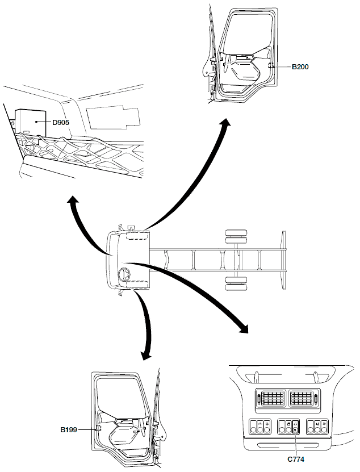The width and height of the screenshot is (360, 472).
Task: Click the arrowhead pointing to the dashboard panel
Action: click(244, 328)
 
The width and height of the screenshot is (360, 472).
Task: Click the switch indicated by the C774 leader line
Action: click(296, 431)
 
